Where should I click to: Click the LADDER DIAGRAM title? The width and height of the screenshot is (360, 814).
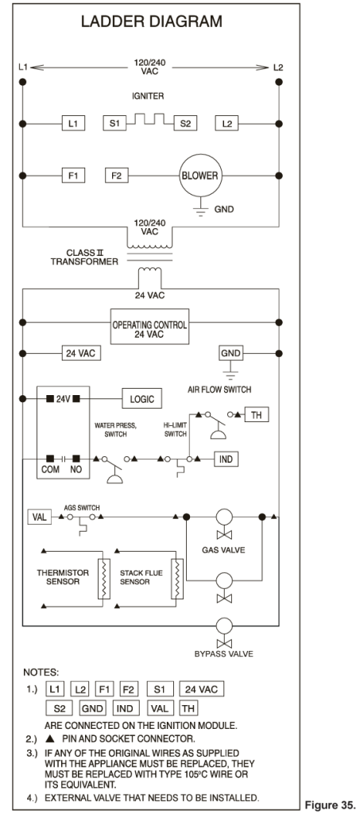pyautogui.click(x=152, y=21)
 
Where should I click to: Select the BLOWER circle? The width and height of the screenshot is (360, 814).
pyautogui.click(x=199, y=176)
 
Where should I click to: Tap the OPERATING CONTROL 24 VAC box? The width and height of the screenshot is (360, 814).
pyautogui.click(x=149, y=327)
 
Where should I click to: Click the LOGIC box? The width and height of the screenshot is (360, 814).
pyautogui.click(x=141, y=399)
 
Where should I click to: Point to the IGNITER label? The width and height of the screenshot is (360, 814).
pyautogui.click(x=149, y=96)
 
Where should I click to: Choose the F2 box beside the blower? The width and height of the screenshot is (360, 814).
pyautogui.click(x=117, y=176)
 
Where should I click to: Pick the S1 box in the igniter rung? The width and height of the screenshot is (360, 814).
pyautogui.click(x=114, y=123)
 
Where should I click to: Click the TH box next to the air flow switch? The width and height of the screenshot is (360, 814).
pyautogui.click(x=256, y=415)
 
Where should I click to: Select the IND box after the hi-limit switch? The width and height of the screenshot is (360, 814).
pyautogui.click(x=226, y=459)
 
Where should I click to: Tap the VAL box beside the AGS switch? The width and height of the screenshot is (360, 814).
pyautogui.click(x=40, y=517)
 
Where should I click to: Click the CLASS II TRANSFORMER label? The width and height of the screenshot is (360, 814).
pyautogui.click(x=84, y=257)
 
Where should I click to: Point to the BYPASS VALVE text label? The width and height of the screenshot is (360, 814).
pyautogui.click(x=223, y=653)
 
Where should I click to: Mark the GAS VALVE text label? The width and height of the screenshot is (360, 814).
pyautogui.click(x=223, y=550)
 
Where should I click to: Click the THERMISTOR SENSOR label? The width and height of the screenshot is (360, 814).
pyautogui.click(x=63, y=577)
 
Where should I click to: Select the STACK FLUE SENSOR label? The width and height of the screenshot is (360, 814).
pyautogui.click(x=141, y=577)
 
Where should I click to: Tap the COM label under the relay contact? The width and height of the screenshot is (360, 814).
pyautogui.click(x=50, y=470)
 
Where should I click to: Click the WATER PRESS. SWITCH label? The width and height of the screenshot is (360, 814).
pyautogui.click(x=115, y=430)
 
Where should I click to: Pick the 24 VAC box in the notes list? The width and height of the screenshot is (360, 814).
pyautogui.click(x=202, y=689)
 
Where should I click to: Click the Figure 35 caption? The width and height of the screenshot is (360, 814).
pyautogui.click(x=331, y=805)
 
